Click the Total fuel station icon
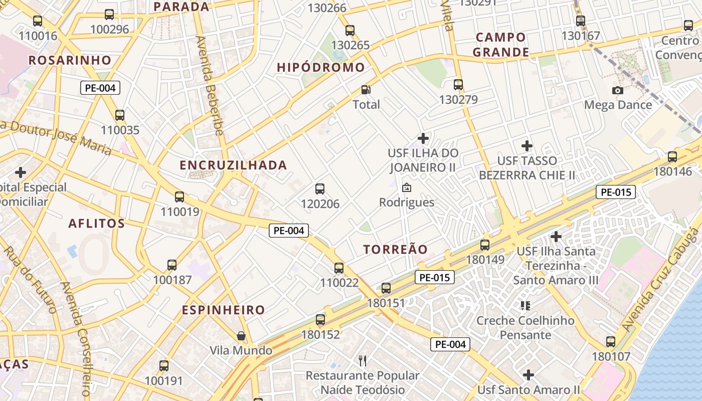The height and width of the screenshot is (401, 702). point(367,90)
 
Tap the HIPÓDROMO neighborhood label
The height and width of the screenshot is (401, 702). point(321,67)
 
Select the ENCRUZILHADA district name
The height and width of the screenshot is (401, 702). point(233,165)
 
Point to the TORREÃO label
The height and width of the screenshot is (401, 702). point(396,249)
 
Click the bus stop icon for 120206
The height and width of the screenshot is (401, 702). point(320,189)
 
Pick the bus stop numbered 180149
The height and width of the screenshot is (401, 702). point(485,245)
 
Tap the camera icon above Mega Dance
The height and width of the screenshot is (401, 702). point(618,90)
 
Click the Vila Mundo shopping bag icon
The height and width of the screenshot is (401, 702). point(241,335)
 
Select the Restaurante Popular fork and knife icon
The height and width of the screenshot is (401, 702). point(363,360)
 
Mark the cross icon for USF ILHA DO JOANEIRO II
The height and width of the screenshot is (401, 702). point(423,138)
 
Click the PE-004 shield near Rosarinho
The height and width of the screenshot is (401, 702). point(100,88)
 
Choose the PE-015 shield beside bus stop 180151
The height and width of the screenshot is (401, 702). point(434,277)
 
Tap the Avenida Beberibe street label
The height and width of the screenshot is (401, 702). point(209,85)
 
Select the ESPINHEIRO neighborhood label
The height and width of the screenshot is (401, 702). point(223,310)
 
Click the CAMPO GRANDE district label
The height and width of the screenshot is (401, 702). point(501,45)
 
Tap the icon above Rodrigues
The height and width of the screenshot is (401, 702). point(407,187)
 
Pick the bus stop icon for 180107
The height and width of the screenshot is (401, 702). point(611,342)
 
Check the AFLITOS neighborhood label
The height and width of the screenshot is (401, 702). point(96,223)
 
